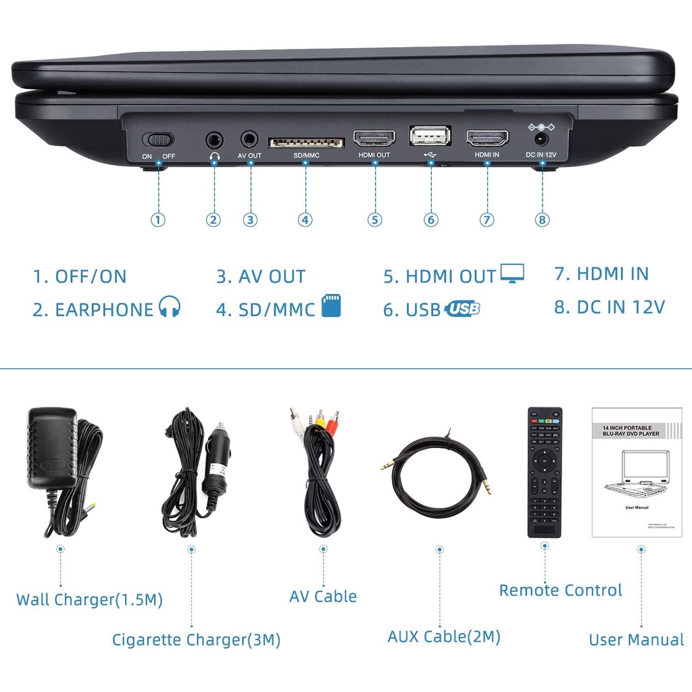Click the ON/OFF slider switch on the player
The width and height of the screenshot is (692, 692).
pyautogui.click(x=158, y=140)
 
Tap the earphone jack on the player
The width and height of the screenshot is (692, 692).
pyautogui.click(x=215, y=140)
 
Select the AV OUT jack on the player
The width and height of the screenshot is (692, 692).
pyautogui.click(x=250, y=139)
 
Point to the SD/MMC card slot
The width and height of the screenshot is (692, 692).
pyautogui.click(x=306, y=143)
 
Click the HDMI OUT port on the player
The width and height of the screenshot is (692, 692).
pyautogui.click(x=374, y=139)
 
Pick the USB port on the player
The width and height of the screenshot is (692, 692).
pyautogui.click(x=430, y=136)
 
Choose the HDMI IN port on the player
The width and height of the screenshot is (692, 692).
pyautogui.click(x=487, y=139)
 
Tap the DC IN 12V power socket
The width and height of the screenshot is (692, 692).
pyautogui.click(x=541, y=139)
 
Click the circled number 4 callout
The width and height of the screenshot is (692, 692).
pyautogui.click(x=305, y=220)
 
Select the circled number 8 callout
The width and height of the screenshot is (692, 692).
pyautogui.click(x=543, y=220)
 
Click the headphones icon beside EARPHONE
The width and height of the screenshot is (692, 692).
pyautogui.click(x=170, y=307)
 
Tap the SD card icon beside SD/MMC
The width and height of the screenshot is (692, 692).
pyautogui.click(x=331, y=305)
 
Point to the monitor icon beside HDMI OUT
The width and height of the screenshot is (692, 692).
pyautogui.click(x=512, y=274)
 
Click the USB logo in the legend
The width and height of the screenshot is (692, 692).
pyautogui.click(x=463, y=309)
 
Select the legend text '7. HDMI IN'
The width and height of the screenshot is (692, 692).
pyautogui.click(x=601, y=274)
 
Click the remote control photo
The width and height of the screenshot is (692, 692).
pyautogui.click(x=545, y=472)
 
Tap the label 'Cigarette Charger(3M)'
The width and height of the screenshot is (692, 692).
pyautogui.click(x=196, y=639)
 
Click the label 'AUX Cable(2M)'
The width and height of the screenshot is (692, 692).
pyautogui.click(x=444, y=636)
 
